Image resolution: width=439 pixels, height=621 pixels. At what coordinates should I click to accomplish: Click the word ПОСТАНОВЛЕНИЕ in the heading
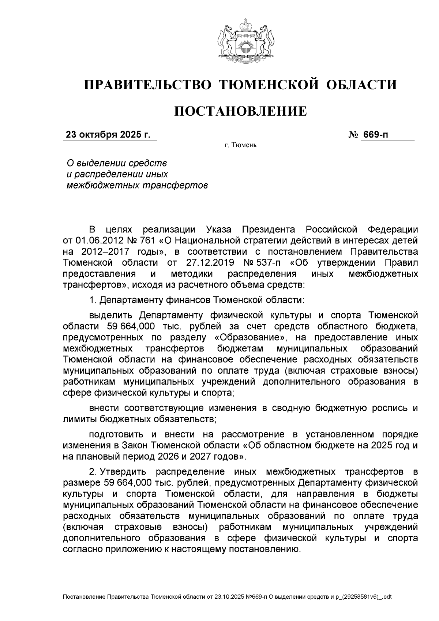click(240, 111)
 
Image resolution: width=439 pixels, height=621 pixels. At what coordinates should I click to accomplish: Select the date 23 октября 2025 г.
click(108, 135)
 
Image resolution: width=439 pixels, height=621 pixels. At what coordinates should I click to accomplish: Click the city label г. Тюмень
click(240, 146)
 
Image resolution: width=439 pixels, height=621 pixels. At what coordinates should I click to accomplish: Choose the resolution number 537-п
click(269, 263)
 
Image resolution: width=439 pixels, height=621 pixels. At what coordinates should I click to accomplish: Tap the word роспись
click(388, 408)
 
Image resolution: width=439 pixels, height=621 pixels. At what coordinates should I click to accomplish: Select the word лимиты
click(80, 419)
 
